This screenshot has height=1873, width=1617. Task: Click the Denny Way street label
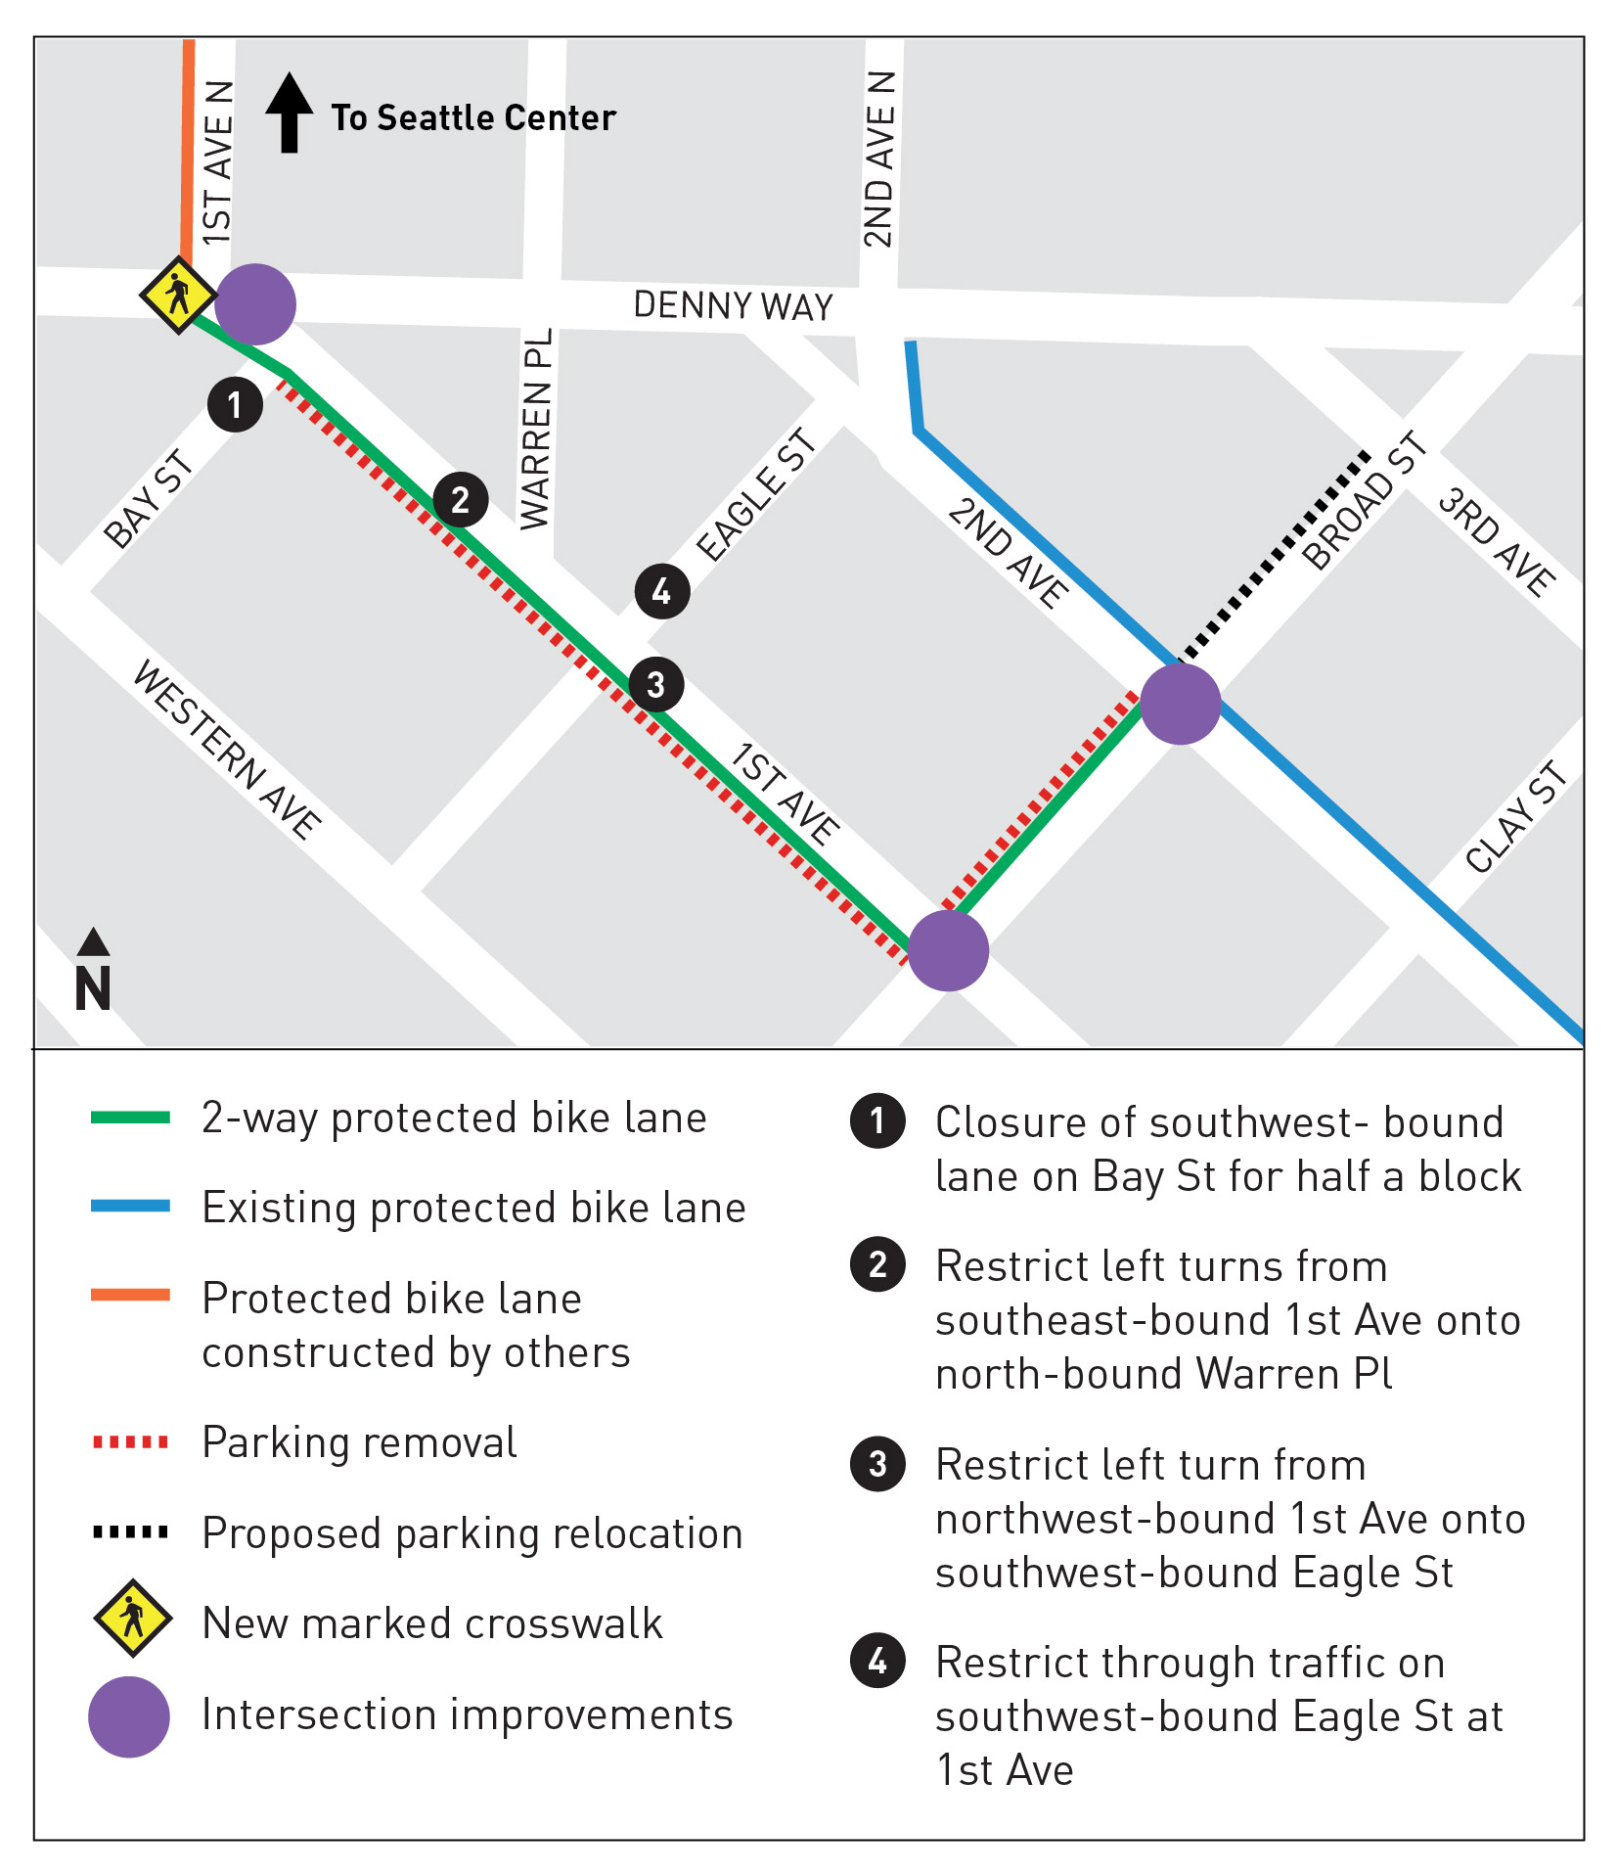click(733, 306)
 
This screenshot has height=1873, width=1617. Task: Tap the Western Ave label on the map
click(227, 750)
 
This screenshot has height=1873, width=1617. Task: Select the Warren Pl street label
click(536, 430)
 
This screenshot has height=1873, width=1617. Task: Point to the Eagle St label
click(756, 495)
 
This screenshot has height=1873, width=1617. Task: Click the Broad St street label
click(1366, 501)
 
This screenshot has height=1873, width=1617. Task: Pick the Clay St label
click(1516, 817)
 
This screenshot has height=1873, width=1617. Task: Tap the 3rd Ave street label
click(1496, 542)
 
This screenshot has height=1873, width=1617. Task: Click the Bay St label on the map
click(150, 499)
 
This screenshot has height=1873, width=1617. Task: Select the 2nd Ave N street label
click(878, 159)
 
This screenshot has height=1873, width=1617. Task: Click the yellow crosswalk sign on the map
click(178, 295)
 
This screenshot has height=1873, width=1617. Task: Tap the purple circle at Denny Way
click(255, 304)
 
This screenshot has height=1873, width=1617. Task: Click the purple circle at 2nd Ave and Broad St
click(1181, 705)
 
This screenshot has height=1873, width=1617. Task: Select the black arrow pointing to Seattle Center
click(290, 113)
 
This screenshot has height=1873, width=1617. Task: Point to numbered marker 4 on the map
click(662, 591)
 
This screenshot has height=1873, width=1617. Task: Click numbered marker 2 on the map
click(461, 500)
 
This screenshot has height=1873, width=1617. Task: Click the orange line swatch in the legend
click(130, 1296)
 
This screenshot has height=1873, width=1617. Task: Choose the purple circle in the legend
click(129, 1716)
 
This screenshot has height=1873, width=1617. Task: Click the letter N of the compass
click(93, 988)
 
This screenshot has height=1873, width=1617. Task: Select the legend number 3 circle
click(877, 1464)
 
